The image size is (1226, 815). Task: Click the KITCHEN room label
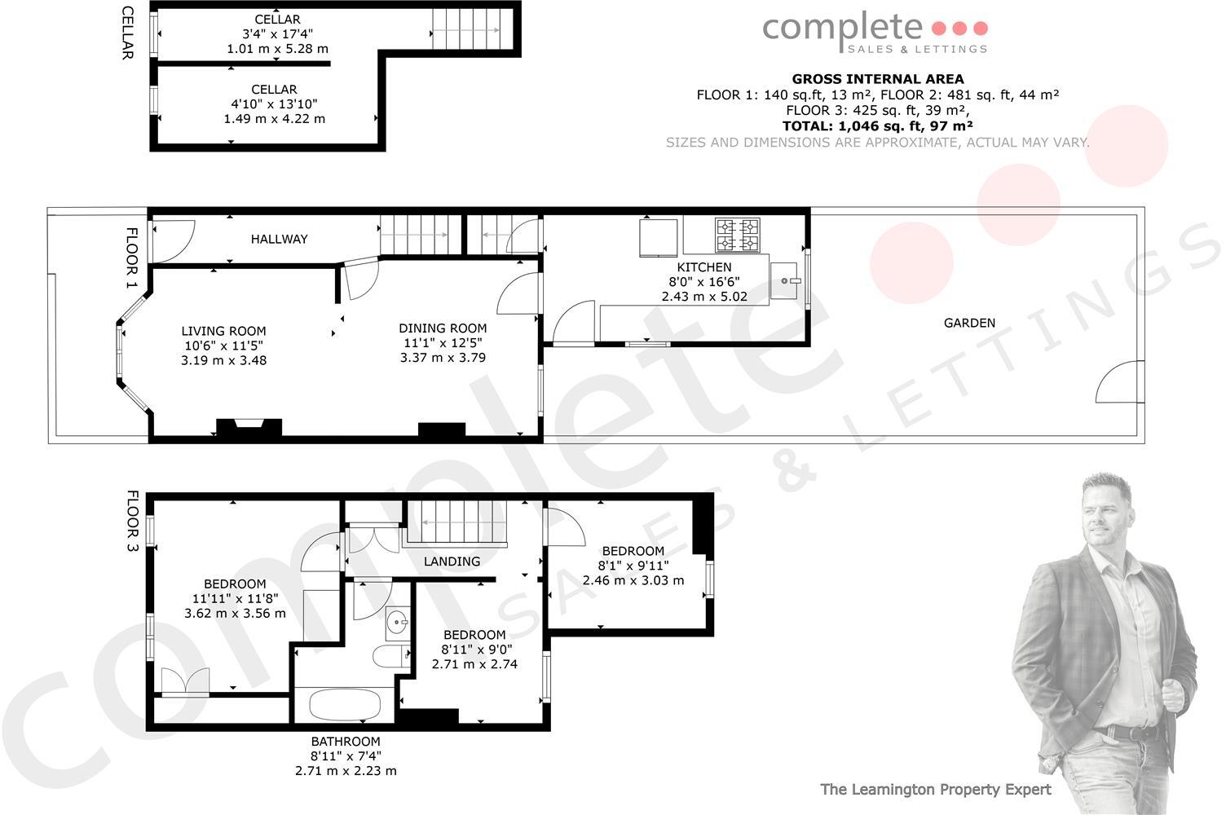pyautogui.click(x=704, y=267)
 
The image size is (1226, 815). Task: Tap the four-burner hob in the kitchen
pyautogui.click(x=738, y=236)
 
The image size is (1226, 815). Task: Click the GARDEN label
pyautogui.click(x=969, y=323)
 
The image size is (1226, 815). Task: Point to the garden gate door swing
pyautogui.click(x=1116, y=383)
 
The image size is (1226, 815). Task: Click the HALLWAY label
pyautogui.click(x=280, y=239)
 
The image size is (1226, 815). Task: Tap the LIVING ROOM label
pyautogui.click(x=223, y=331)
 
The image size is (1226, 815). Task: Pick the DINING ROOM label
pyautogui.click(x=443, y=328)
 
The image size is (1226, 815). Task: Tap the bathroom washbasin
pyautogui.click(x=397, y=623)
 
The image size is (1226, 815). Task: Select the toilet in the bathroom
pyautogui.click(x=390, y=656)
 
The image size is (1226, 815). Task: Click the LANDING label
pyautogui.click(x=452, y=562)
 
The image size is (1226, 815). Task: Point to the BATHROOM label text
pyautogui.click(x=346, y=742)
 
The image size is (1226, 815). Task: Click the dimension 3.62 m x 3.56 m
pyautogui.click(x=235, y=613)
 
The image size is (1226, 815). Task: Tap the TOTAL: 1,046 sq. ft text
pyautogui.click(x=877, y=126)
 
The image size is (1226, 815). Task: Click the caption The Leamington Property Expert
pyautogui.click(x=935, y=789)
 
